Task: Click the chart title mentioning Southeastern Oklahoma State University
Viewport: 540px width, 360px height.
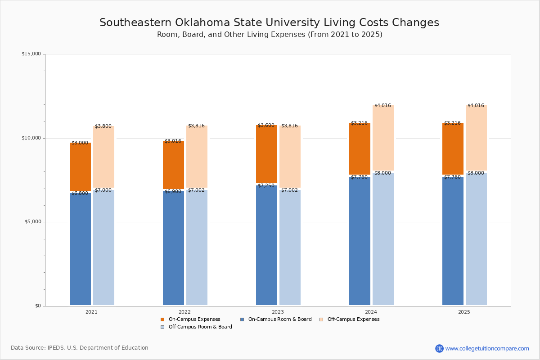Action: (269, 23)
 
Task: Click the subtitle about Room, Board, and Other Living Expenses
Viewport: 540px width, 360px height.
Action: (269, 35)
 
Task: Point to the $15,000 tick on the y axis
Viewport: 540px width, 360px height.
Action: (31, 54)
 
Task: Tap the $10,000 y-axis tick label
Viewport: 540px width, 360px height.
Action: (31, 138)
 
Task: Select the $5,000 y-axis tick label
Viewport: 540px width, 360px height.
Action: (32, 222)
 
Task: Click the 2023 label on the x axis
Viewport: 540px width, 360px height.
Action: (278, 312)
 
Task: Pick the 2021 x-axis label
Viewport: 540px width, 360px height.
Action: (91, 312)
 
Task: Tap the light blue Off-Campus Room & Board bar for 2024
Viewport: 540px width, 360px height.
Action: (383, 238)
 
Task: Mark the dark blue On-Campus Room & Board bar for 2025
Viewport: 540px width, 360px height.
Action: (453, 241)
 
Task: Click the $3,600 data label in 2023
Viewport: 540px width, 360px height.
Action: (266, 126)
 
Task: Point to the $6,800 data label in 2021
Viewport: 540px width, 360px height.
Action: (80, 193)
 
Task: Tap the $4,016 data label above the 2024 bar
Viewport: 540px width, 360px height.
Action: (382, 106)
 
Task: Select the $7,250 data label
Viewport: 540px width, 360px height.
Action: (266, 186)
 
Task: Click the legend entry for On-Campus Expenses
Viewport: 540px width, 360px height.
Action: (190, 319)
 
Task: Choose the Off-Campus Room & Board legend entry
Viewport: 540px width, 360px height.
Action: (196, 327)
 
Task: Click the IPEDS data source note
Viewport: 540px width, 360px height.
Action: (80, 348)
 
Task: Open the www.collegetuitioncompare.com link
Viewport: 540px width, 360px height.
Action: (486, 348)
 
